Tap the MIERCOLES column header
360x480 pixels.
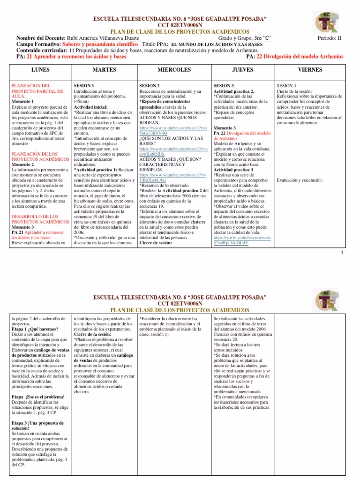click(x=174, y=70)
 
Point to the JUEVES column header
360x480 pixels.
click(x=243, y=70)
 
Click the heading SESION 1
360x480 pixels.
click(x=84, y=86)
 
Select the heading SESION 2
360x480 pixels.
click(x=150, y=86)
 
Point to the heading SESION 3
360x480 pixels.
click(x=224, y=86)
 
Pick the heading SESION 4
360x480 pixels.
click(x=286, y=86)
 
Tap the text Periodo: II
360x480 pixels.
click(x=331, y=37)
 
